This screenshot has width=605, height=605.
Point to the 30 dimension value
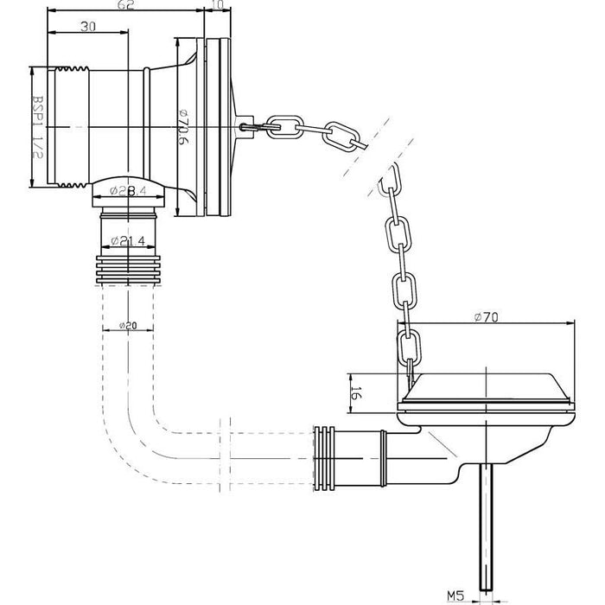[x=87, y=27]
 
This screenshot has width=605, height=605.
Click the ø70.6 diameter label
[x=183, y=126]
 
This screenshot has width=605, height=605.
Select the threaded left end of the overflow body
[x=60, y=126]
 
